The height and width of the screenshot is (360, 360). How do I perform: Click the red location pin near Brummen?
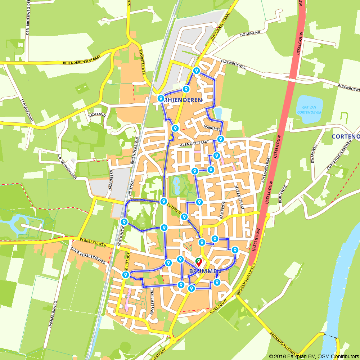click(x=198, y=262)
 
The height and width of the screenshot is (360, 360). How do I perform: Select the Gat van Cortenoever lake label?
click(x=309, y=110)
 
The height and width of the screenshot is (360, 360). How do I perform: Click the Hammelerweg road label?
click(x=51, y=319)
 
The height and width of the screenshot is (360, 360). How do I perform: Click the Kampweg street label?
click(x=222, y=209)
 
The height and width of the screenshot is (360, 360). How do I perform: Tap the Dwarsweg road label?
click(x=314, y=153)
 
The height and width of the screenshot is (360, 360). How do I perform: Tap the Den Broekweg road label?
click(x=28, y=18)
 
